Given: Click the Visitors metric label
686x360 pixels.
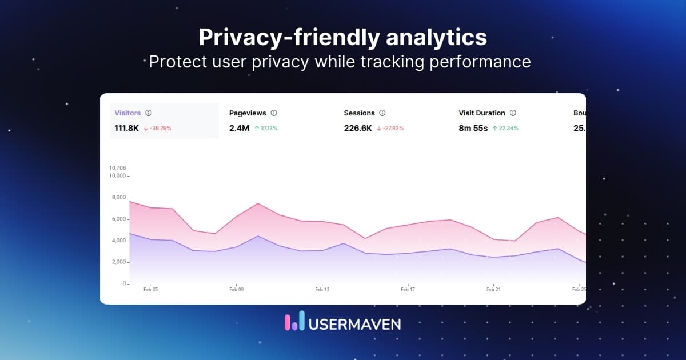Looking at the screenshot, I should click(x=127, y=113).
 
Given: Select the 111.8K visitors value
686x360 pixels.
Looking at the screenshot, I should click(x=127, y=128).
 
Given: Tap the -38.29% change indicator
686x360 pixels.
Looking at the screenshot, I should click(x=158, y=129).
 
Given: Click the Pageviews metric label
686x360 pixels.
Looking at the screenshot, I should click(x=248, y=113).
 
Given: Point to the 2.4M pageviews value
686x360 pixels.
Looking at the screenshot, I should click(x=239, y=128).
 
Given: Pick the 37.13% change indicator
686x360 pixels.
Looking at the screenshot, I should click(x=266, y=129).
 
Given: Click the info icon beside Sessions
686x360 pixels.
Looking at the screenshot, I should click(x=382, y=113).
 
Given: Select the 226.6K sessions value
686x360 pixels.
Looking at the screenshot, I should click(x=358, y=128).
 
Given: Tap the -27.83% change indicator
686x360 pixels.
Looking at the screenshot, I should click(x=390, y=129).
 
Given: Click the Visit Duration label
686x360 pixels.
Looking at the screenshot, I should click(x=482, y=113).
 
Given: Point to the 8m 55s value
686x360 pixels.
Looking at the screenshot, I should click(x=473, y=128).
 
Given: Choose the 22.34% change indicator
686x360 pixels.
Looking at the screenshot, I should click(x=505, y=129).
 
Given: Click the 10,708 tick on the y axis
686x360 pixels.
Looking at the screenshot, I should click(x=117, y=168).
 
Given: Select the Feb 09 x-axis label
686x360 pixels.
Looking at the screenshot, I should click(x=237, y=290).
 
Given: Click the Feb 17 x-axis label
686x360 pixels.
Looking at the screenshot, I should click(x=408, y=290).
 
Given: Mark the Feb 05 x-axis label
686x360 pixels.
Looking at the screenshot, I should click(x=151, y=290).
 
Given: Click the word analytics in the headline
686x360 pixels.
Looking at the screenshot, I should click(x=436, y=37).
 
